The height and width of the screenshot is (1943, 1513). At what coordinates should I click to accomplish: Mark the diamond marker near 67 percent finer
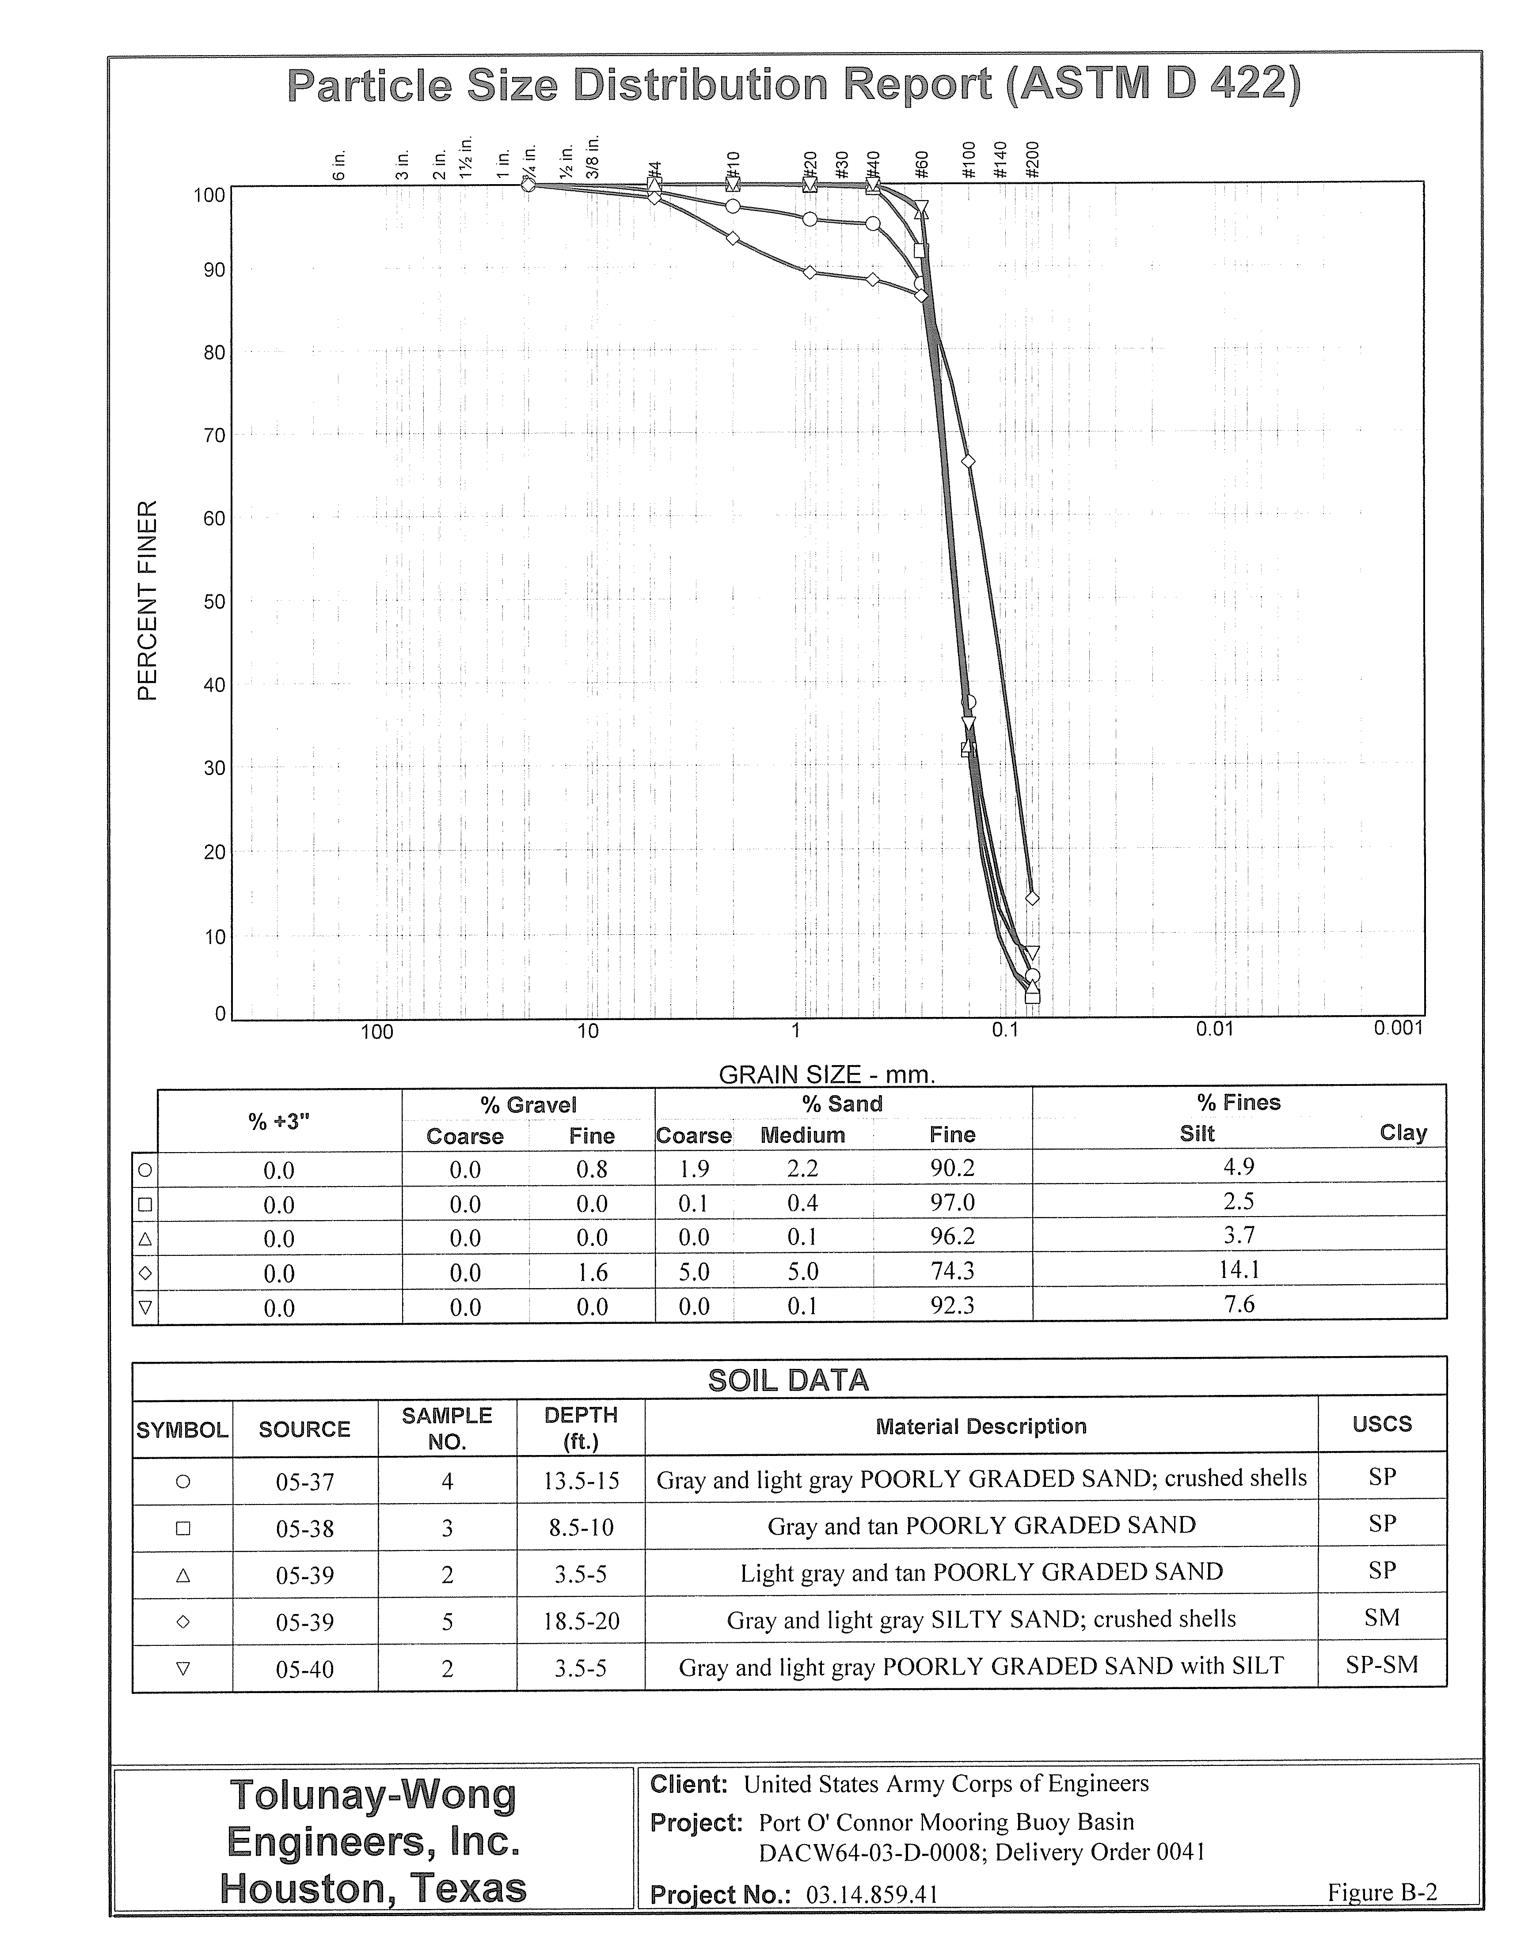968,461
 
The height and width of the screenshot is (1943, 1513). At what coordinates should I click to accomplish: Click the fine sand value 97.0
952,1203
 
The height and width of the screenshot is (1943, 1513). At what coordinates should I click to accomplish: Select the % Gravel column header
528,1105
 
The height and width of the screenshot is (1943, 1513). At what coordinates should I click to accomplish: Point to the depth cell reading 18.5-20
581,1621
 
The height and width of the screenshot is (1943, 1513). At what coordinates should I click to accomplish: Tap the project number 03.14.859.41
872,1894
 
